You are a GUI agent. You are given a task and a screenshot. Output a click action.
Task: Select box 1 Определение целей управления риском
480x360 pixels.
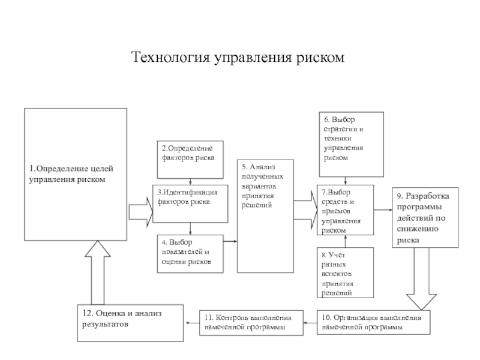coord(75,174)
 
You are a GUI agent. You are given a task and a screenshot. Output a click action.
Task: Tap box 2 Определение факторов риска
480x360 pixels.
coord(190,159)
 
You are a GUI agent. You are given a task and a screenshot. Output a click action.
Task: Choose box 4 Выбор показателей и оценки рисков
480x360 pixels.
coord(190,252)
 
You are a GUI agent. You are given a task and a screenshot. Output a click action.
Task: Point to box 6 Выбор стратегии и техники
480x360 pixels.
coord(350,144)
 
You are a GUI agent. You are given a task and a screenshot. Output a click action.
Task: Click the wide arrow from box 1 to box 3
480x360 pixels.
coord(142,211)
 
